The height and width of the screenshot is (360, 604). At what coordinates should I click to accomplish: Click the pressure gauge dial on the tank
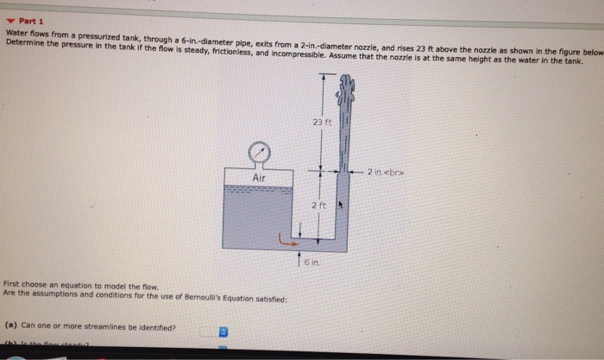257,153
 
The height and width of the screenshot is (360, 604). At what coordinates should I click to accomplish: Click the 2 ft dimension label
318,205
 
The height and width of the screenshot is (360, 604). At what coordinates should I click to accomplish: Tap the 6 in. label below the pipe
311,258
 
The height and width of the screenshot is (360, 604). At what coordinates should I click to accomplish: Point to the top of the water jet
347,83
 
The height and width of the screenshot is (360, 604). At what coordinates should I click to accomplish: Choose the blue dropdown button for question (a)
223,330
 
